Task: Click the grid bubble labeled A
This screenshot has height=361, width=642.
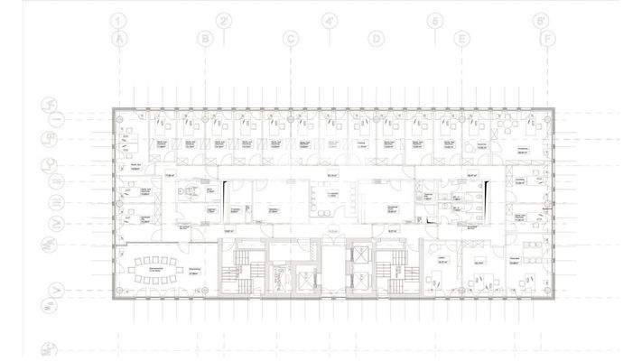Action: (117, 39)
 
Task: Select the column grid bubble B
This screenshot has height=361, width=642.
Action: (205, 39)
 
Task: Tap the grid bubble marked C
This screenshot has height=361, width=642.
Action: (291, 39)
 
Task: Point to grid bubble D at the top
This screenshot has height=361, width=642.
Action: (376, 39)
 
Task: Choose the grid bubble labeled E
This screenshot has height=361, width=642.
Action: (461, 39)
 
